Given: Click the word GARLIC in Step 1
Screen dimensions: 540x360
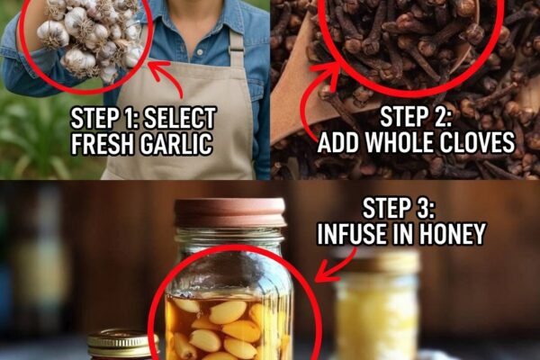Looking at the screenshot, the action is click(176, 143).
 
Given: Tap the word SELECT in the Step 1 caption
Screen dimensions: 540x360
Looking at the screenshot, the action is click(180, 118).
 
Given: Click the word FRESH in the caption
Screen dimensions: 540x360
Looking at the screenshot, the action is click(103, 143).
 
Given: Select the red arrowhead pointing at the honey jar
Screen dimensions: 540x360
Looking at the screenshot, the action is click(324, 273).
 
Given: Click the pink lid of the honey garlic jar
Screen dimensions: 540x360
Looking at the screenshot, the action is click(230, 212).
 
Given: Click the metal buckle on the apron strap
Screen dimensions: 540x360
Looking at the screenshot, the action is click(236, 49).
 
